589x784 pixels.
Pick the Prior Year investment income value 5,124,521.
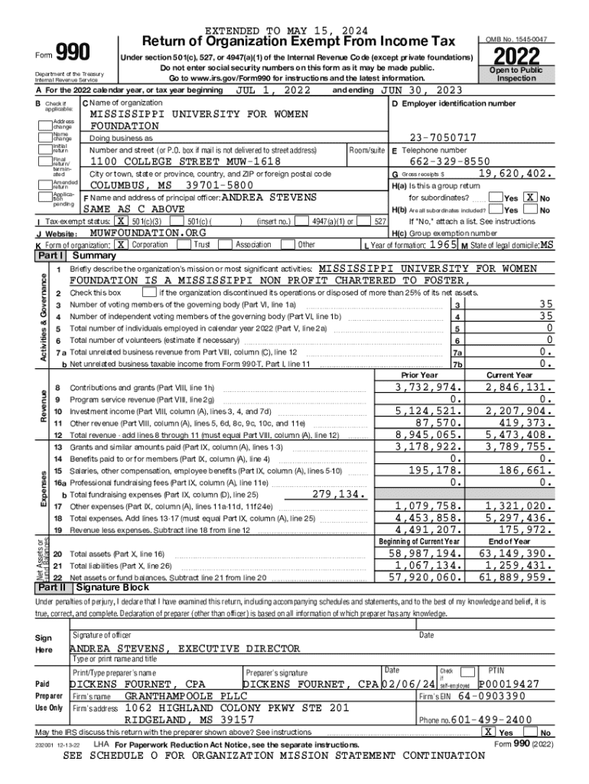pyautogui.click(x=428, y=410)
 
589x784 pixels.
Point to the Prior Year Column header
pyautogui.click(x=419, y=375)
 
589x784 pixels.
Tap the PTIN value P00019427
pyautogui.click(x=509, y=684)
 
